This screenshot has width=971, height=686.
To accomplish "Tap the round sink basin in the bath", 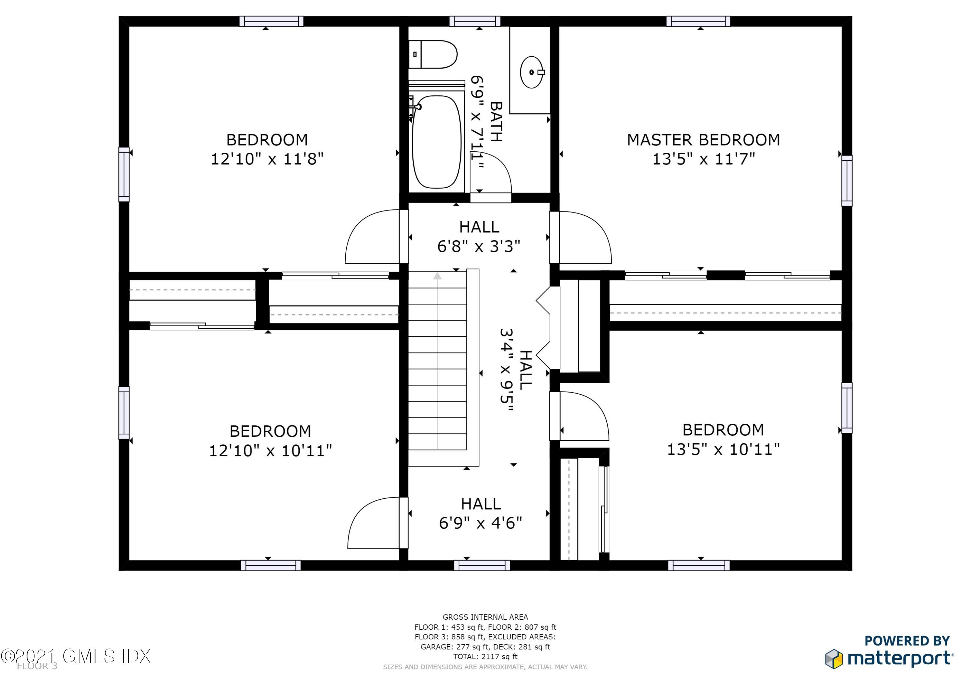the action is pyautogui.click(x=531, y=72).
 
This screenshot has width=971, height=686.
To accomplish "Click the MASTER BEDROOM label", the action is pyautogui.click(x=703, y=140).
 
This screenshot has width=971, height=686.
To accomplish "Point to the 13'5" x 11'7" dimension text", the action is pyautogui.click(x=703, y=159).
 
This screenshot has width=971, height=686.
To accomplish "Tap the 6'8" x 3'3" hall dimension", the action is pyautogui.click(x=478, y=246).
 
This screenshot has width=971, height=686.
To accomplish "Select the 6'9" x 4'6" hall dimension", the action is pyautogui.click(x=480, y=523).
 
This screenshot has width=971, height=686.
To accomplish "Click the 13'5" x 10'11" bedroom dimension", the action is pyautogui.click(x=723, y=449).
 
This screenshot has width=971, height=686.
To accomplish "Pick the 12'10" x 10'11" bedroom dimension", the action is pyautogui.click(x=270, y=451).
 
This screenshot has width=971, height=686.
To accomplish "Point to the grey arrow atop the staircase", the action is pyautogui.click(x=437, y=276).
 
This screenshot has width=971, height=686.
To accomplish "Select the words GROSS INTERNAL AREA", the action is pyautogui.click(x=485, y=617).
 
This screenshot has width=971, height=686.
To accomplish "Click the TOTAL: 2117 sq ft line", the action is pyautogui.click(x=485, y=657).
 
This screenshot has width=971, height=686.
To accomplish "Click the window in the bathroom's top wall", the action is pyautogui.click(x=474, y=22).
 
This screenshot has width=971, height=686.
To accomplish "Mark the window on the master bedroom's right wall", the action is pyautogui.click(x=847, y=180).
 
